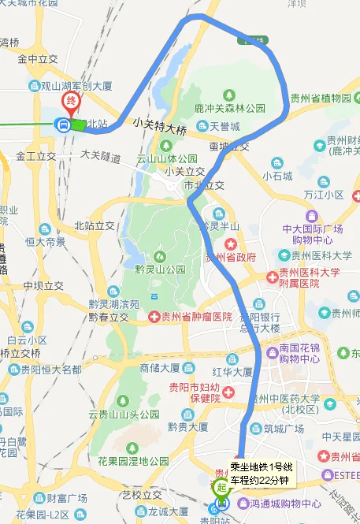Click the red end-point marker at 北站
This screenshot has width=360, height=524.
72,102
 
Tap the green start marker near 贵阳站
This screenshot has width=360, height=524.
222,487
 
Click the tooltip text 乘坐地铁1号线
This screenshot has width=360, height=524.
261,466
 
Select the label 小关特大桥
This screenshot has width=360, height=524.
160,123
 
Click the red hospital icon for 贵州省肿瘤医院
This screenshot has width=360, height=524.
154,317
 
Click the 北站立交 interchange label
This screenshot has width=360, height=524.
95,226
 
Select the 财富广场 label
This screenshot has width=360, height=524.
66,497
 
